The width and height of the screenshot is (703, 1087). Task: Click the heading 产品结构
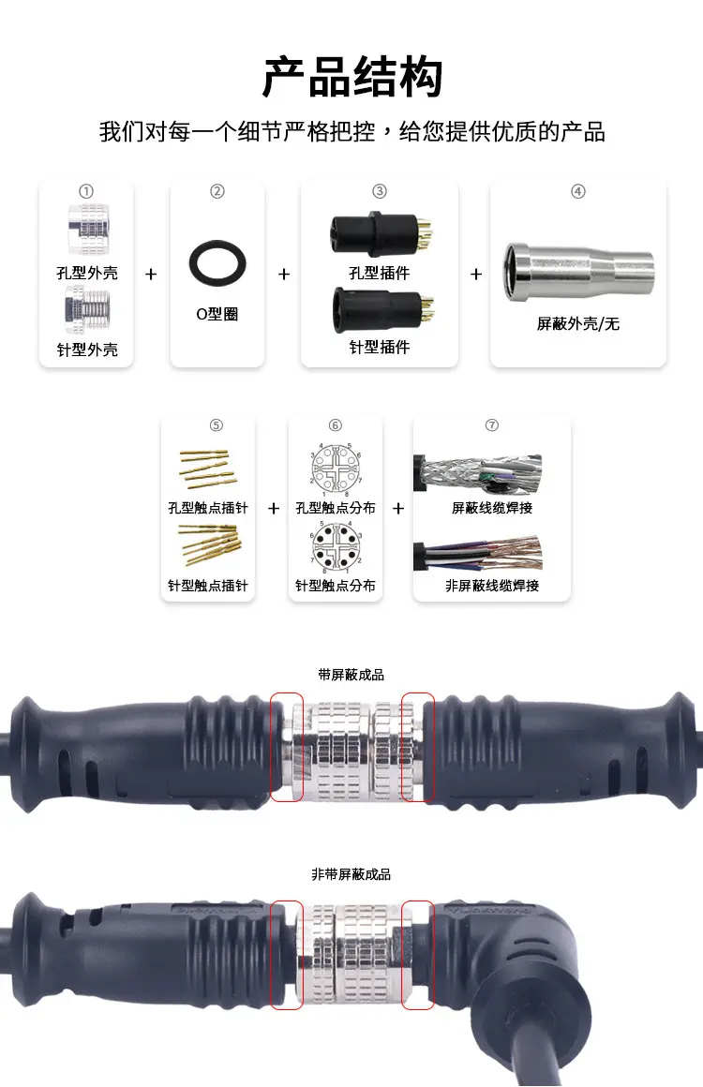(351, 77)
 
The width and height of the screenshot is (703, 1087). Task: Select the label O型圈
(217, 314)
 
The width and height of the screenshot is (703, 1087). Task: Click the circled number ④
(578, 191)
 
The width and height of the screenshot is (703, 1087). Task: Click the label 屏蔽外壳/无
(578, 324)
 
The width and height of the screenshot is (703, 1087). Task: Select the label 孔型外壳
(86, 274)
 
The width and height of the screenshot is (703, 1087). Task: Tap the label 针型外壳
(86, 350)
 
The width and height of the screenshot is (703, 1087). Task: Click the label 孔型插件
(380, 273)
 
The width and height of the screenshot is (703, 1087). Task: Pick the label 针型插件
(380, 347)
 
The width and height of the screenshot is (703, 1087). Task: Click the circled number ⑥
(336, 425)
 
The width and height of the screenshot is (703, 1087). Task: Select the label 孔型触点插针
(208, 508)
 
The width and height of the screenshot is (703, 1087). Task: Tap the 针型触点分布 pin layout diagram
(336, 546)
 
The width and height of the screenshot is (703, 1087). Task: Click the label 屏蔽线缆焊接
(492, 508)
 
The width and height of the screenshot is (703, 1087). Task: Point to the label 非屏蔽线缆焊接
(492, 586)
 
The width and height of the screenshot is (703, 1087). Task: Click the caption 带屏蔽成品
(351, 675)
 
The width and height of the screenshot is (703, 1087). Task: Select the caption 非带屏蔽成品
(351, 874)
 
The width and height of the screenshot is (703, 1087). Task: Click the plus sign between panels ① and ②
(151, 274)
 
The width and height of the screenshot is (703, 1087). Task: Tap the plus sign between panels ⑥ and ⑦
(398, 508)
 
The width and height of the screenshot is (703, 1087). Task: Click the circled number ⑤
(217, 425)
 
